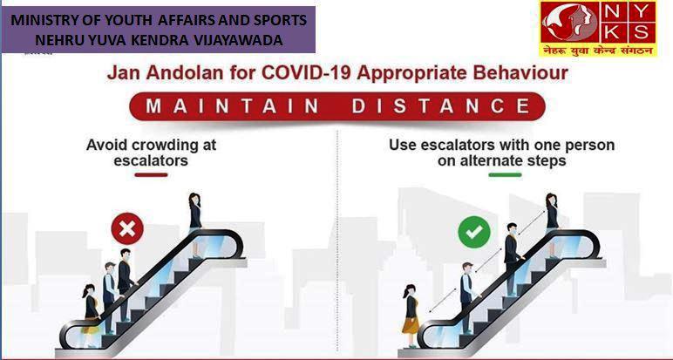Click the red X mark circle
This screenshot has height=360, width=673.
(x=127, y=228)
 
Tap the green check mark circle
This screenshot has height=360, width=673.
(x=474, y=232)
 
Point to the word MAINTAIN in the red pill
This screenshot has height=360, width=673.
(x=232, y=106)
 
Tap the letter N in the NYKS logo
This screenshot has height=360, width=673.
(x=612, y=12)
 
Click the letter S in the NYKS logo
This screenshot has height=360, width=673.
(x=641, y=32)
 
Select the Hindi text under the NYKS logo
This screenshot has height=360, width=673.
(x=598, y=51)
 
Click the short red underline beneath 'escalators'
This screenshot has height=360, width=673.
(x=151, y=174)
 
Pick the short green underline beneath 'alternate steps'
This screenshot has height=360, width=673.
(x=505, y=174)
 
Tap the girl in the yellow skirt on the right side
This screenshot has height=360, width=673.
(x=411, y=315)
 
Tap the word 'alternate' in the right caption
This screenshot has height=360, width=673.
(x=490, y=161)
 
